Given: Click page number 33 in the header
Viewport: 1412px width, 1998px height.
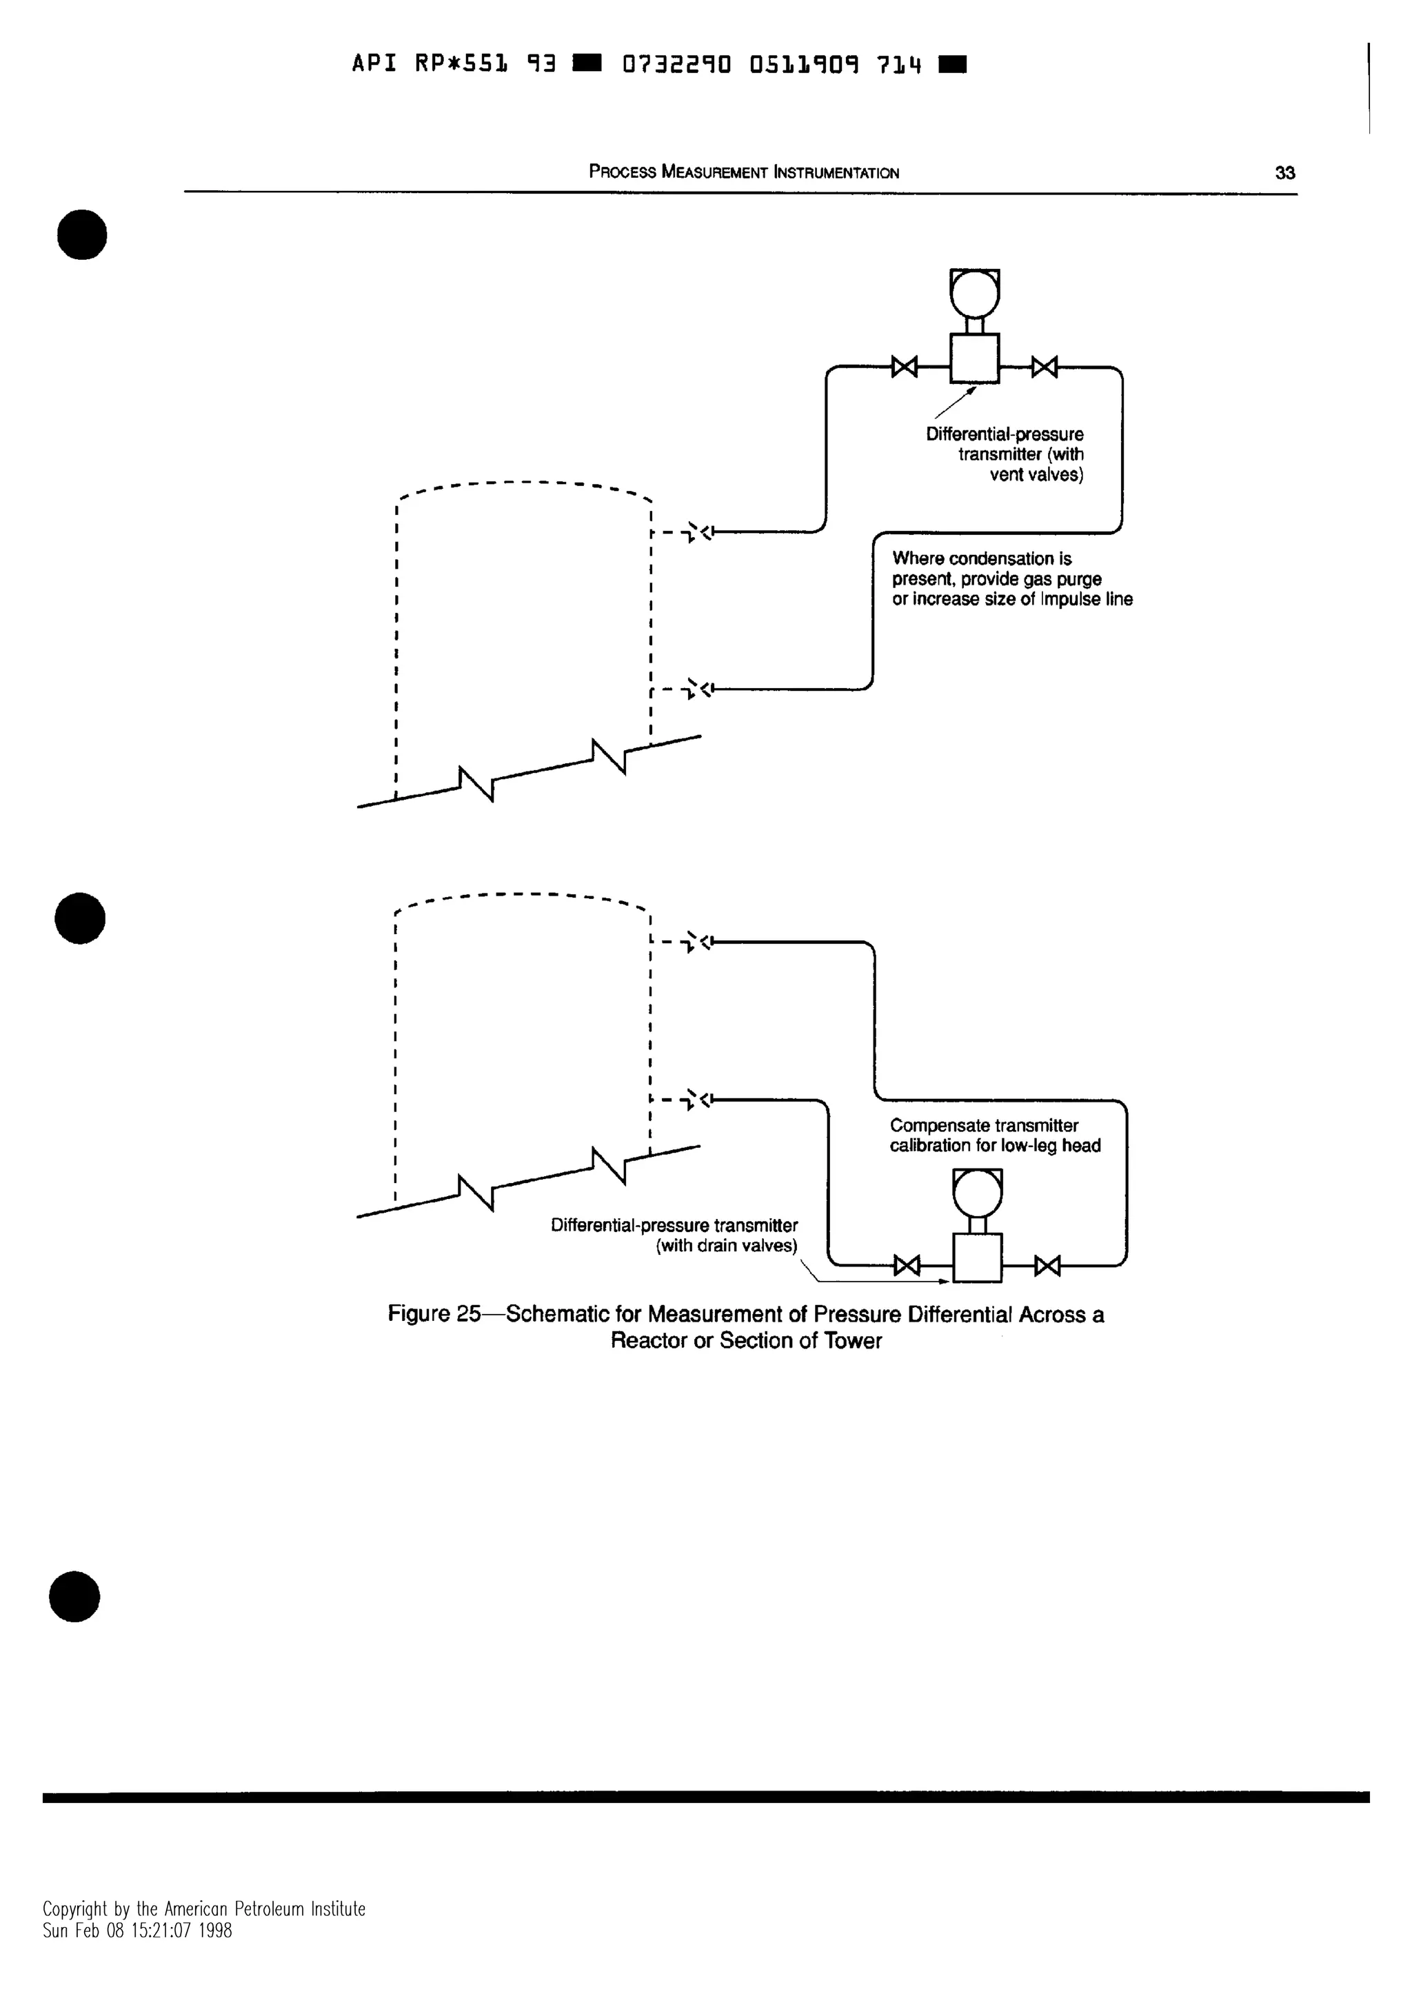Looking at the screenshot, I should [x=1284, y=172].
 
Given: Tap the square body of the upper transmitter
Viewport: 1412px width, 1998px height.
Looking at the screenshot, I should [x=974, y=359].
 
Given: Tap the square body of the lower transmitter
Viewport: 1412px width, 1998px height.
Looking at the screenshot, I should [x=977, y=1258].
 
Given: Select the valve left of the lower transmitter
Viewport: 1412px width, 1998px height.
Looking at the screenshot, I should [x=907, y=1265].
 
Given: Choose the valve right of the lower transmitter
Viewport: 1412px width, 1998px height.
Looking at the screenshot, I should [x=1047, y=1265].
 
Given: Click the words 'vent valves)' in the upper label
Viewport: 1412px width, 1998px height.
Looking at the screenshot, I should [x=1036, y=475].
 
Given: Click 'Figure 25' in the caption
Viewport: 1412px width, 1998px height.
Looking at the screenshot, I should [x=433, y=1314].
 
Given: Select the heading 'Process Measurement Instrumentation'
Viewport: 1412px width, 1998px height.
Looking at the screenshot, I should [x=744, y=172].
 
